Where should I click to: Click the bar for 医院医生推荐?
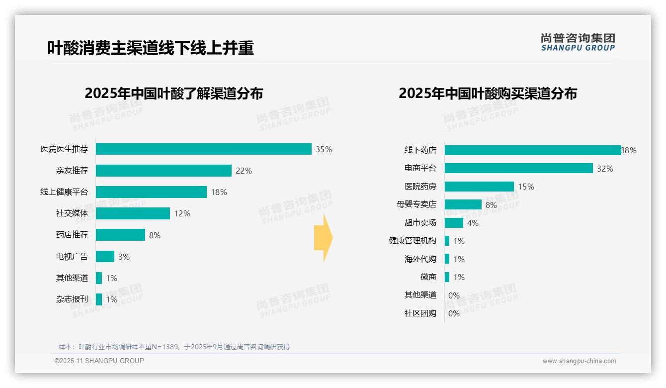(x=204, y=149)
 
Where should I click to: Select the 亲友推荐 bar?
(x=164, y=171)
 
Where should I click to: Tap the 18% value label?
(x=219, y=192)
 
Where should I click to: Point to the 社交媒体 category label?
(x=72, y=213)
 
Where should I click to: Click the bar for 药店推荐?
(x=120, y=235)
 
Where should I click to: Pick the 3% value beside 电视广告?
(x=124, y=257)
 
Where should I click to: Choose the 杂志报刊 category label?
(x=72, y=299)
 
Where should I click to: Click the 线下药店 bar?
(x=533, y=150)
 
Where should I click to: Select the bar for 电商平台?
(x=519, y=168)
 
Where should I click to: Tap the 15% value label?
(x=526, y=187)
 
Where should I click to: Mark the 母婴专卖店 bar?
(x=463, y=204)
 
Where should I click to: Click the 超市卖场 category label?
(x=420, y=223)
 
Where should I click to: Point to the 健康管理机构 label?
(x=413, y=241)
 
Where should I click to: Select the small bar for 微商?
(x=447, y=277)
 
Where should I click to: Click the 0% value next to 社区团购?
(x=454, y=313)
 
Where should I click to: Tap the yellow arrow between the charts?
(x=323, y=238)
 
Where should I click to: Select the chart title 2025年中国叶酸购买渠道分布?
(x=488, y=94)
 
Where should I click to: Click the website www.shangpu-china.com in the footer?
(x=579, y=361)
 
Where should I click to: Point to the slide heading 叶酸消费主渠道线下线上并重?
(x=151, y=48)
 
